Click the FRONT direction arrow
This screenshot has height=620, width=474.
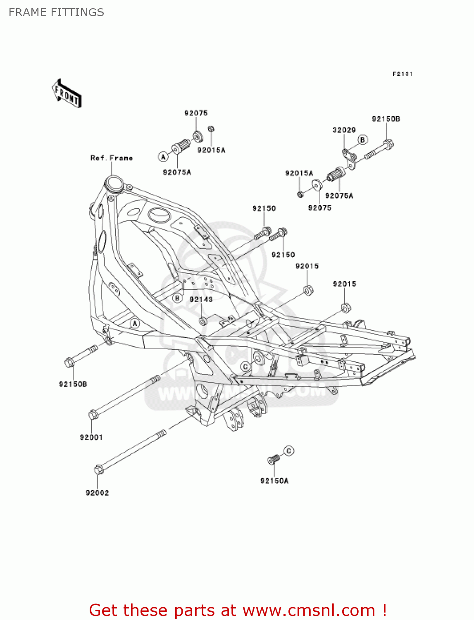(x=66, y=93)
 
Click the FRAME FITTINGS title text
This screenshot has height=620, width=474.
(x=56, y=12)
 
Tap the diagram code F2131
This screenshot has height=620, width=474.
(x=402, y=74)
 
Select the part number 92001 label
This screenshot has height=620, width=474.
(x=91, y=437)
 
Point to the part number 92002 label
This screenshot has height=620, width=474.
(x=97, y=493)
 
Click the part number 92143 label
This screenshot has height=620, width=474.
(x=201, y=299)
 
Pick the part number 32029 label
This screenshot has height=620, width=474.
(x=344, y=130)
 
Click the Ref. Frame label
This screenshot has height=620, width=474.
(x=112, y=158)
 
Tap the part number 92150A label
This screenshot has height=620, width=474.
(x=274, y=481)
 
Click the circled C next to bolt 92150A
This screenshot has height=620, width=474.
(x=289, y=451)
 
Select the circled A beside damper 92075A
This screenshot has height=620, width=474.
(x=163, y=157)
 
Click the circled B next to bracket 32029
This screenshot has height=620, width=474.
(x=362, y=140)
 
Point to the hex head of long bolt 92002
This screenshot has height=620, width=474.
(x=99, y=470)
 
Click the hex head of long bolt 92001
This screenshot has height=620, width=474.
(x=93, y=414)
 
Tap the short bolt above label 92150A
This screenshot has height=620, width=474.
(x=274, y=459)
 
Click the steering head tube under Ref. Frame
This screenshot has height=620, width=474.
(x=114, y=183)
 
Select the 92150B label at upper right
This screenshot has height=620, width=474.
(x=386, y=119)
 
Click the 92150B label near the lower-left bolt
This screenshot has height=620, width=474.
(x=73, y=384)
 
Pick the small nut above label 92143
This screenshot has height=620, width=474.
(x=203, y=321)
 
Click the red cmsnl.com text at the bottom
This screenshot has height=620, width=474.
(x=238, y=610)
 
